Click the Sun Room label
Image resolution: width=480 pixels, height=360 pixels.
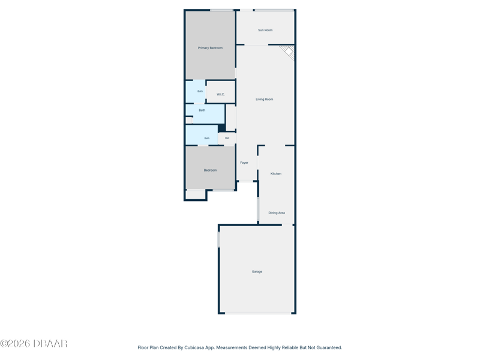[x=265, y=30]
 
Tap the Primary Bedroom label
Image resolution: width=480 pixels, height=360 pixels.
[x=210, y=48]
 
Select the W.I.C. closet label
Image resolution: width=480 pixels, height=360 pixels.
[x=221, y=94]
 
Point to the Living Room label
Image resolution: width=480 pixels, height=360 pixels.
[x=264, y=99]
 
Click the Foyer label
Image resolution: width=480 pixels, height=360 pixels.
[x=244, y=163]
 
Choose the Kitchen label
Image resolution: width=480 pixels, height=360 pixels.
[x=276, y=173]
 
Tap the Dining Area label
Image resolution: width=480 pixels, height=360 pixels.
[x=277, y=213]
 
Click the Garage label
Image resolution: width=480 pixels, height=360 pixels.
[x=257, y=272]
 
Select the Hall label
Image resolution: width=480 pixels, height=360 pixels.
[x=227, y=138]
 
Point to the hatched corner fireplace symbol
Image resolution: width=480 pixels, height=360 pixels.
[x=289, y=52]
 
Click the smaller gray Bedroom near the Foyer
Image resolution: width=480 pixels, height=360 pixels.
[x=211, y=168]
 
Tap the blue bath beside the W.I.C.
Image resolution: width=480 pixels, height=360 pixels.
[x=196, y=92]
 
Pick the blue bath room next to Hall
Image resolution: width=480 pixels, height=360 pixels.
[x=202, y=134]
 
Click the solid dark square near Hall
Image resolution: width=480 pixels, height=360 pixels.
[x=221, y=128]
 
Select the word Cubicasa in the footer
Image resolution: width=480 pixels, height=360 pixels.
[x=194, y=347]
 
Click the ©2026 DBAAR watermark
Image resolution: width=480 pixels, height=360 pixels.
[x=34, y=343]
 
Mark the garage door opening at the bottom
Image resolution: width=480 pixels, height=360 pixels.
[x=258, y=313]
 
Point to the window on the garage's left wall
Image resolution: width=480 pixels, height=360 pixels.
[x=218, y=239]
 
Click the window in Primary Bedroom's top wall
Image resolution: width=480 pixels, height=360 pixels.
[x=221, y=10]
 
